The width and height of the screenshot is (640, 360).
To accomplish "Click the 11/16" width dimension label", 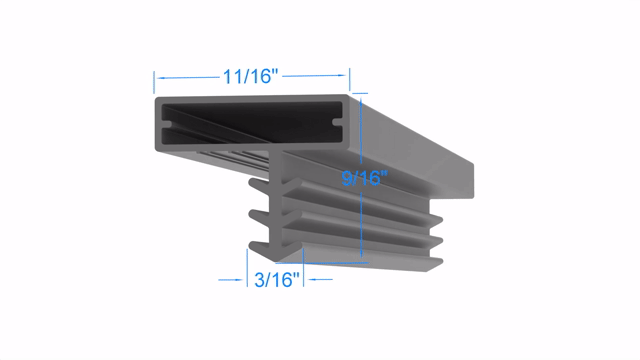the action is (250, 76).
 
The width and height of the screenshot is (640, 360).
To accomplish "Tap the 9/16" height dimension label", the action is (364, 178).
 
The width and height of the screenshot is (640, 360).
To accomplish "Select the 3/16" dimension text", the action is (277, 280).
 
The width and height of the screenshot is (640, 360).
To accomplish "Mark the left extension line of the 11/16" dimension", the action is (154, 82).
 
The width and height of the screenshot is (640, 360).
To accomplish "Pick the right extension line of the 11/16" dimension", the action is (349, 80).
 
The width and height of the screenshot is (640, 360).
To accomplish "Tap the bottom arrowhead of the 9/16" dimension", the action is (361, 253).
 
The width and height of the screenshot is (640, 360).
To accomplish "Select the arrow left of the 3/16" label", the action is (230, 280).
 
